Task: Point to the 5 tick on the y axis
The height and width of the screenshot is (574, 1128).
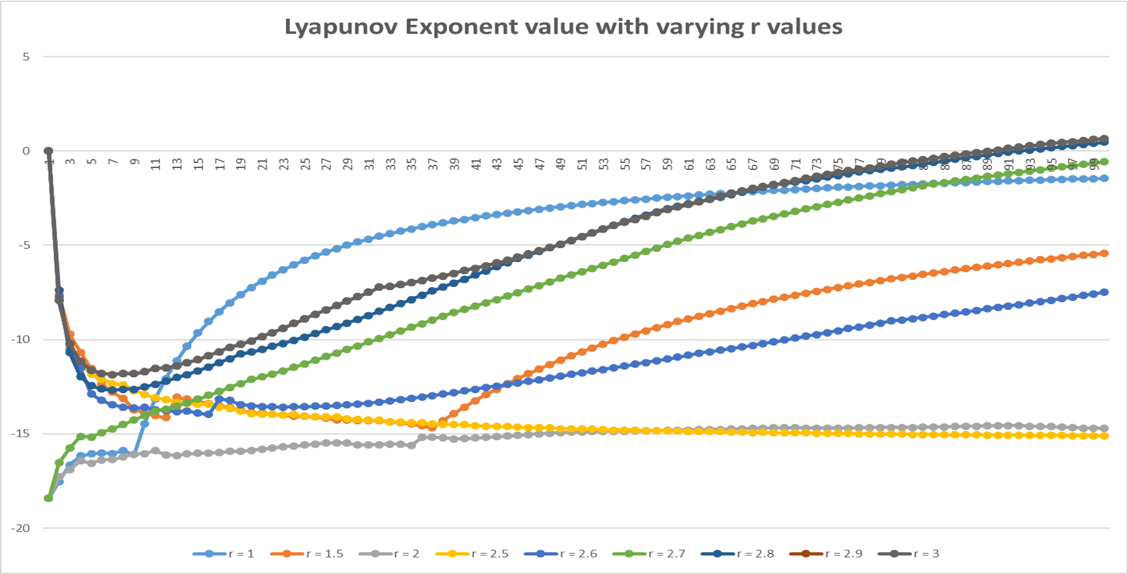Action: (26, 57)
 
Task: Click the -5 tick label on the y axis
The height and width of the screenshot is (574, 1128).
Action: (24, 245)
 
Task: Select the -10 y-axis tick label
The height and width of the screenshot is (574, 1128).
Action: (22, 339)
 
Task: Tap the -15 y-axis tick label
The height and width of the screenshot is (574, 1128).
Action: (22, 434)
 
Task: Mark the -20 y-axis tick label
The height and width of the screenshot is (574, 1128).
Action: (22, 528)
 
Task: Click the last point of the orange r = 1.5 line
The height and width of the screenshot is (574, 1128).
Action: (1104, 254)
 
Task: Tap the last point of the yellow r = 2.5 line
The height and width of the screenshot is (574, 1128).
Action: (1104, 436)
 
